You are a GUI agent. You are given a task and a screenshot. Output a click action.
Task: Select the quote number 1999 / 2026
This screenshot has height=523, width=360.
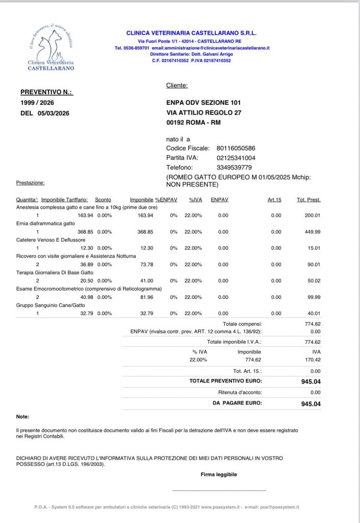[x=37, y=103]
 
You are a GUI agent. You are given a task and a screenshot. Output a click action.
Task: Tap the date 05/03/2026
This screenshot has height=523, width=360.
[x=53, y=113]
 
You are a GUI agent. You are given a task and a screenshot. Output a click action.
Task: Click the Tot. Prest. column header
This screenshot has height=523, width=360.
[x=308, y=199]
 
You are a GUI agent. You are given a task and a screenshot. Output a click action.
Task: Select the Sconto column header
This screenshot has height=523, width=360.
[x=103, y=199]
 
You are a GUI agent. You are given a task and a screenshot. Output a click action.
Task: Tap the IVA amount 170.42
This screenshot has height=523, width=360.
[x=312, y=360]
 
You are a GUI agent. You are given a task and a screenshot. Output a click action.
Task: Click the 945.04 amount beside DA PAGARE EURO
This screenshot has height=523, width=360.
[x=311, y=403]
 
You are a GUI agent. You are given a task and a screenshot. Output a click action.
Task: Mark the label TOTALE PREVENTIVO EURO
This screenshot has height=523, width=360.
[x=226, y=381]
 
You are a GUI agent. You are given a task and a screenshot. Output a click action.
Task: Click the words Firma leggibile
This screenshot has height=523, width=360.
[x=219, y=474]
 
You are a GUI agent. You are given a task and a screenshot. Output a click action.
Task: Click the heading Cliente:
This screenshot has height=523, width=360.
[x=177, y=85]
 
